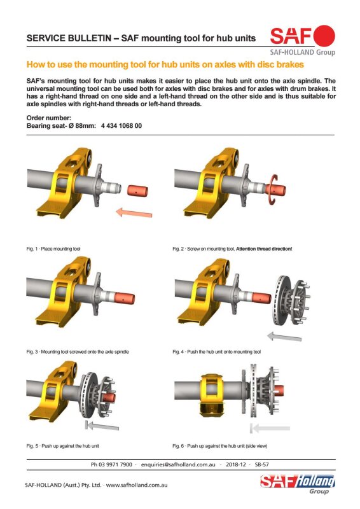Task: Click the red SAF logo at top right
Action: (x=302, y=36)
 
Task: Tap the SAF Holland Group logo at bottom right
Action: (x=297, y=484)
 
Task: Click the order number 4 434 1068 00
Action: (x=121, y=126)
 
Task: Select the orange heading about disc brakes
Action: (x=165, y=64)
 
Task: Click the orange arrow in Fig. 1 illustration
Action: (x=134, y=213)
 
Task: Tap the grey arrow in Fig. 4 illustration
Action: (x=284, y=337)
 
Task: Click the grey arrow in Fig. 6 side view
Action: (x=270, y=428)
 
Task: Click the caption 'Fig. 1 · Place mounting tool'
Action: (x=53, y=249)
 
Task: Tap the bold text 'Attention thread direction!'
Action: (x=264, y=249)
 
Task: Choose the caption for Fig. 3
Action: (x=78, y=352)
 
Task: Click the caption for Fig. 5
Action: (x=63, y=446)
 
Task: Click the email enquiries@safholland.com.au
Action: (x=178, y=464)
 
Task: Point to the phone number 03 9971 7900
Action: (x=115, y=464)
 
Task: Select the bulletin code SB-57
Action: (x=261, y=464)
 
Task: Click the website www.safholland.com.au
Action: (x=137, y=485)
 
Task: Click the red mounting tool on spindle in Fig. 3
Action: (x=124, y=298)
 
